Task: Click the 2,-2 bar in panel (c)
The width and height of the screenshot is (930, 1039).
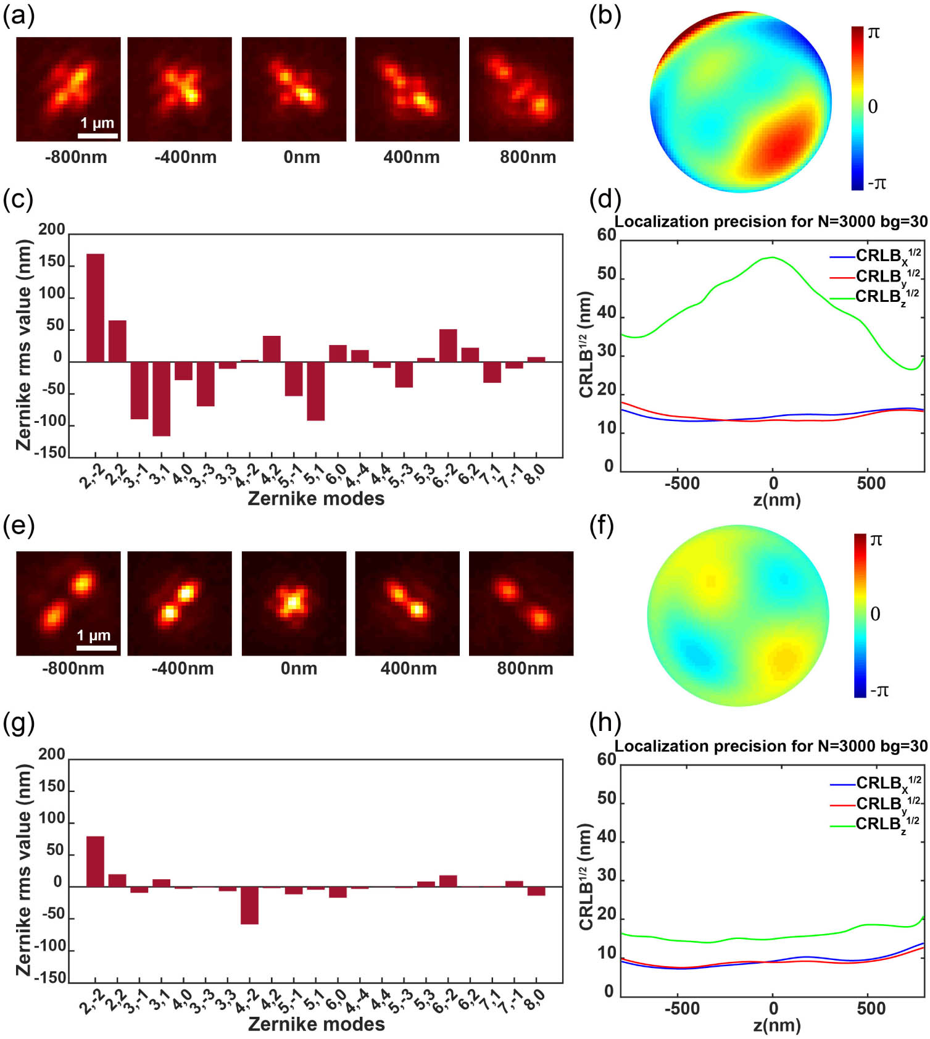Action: point(95,307)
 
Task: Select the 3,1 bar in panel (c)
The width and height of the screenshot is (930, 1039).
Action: point(162,399)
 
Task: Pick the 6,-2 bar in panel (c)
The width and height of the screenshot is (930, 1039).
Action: point(448,346)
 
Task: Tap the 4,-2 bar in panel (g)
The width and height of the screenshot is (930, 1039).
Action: point(249,905)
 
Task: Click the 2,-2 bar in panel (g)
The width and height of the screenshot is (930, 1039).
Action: point(95,861)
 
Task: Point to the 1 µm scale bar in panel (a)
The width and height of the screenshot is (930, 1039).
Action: point(98,135)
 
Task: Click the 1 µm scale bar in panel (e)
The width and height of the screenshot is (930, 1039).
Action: point(96,648)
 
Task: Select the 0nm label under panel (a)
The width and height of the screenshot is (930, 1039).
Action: point(302,157)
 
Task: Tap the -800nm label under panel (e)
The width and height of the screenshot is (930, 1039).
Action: point(73,669)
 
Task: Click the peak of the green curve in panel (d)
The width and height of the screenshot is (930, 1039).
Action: point(773,257)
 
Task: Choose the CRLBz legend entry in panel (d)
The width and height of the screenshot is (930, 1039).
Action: point(886,297)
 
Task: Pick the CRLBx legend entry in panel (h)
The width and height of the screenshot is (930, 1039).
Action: point(887,783)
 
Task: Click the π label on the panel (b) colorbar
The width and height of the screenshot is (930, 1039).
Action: point(874,33)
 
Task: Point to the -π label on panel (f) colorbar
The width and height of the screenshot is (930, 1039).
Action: point(879,690)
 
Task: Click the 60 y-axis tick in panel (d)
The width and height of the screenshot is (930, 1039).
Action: point(607,235)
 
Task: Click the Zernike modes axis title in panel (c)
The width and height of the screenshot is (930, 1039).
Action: point(316,499)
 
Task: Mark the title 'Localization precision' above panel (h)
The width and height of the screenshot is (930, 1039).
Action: point(771,746)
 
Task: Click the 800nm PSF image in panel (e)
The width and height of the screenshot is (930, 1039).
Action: point(521,603)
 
